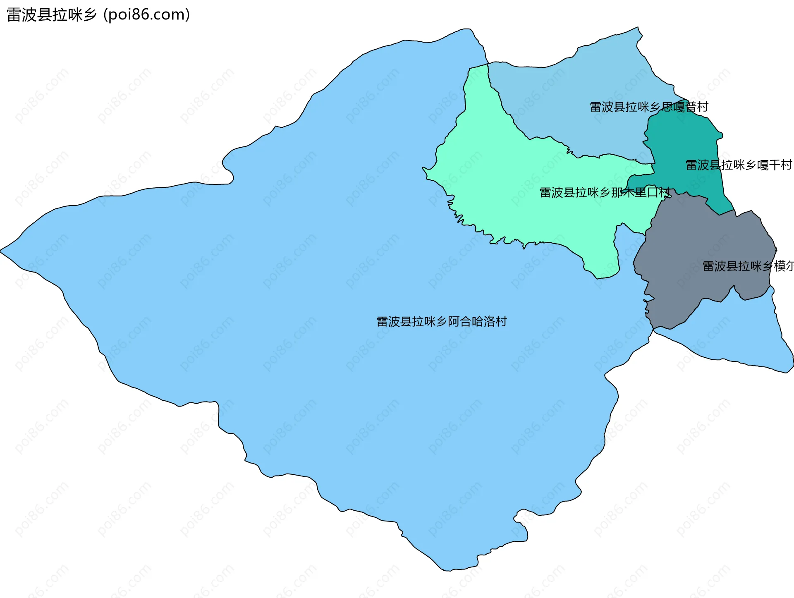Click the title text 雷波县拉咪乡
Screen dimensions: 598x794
tap(52, 15)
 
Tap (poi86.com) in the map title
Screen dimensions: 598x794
tap(146, 15)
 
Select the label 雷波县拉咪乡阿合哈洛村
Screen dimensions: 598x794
tap(441, 321)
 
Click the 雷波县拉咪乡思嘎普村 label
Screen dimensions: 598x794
tap(649, 107)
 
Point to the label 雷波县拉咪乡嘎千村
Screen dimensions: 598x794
tap(739, 165)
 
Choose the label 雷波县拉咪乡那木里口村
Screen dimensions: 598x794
tap(605, 192)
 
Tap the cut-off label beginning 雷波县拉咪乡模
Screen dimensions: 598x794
tap(748, 266)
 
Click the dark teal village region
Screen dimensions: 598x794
tap(686, 141)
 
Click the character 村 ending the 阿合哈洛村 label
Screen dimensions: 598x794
tap(501, 321)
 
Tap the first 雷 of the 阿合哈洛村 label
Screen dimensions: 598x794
tap(382, 321)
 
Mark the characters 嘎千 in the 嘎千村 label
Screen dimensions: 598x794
tap(769, 165)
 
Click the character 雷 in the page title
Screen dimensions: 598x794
tap(14, 15)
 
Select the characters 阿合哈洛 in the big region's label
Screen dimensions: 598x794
tap(471, 321)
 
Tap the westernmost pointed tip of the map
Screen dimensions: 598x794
tap(1, 251)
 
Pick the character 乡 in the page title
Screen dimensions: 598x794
tap(89, 15)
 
